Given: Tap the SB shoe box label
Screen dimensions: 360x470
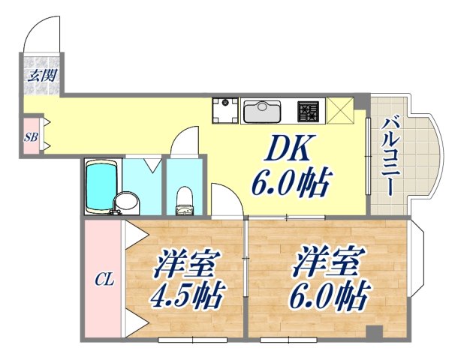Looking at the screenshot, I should [31, 137].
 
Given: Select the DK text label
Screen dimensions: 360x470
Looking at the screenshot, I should [287, 150].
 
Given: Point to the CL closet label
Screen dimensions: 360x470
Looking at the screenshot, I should [103, 280].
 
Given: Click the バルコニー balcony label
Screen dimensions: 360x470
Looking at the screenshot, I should [391, 156].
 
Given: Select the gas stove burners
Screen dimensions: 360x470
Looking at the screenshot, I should [309, 112].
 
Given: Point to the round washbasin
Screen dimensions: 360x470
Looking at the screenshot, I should [128, 201].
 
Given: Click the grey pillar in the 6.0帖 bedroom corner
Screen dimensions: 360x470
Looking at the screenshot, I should [372, 331].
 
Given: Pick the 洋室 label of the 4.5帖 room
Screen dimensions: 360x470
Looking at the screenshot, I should [188, 266].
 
